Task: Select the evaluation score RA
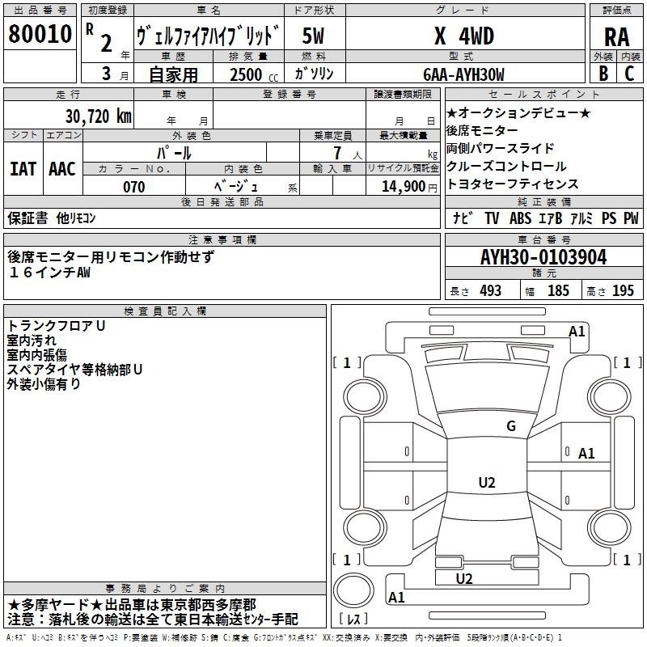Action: click(616, 37)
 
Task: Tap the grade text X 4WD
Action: click(464, 36)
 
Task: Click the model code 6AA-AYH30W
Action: click(463, 74)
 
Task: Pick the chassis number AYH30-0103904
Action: click(543, 258)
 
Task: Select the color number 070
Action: click(133, 187)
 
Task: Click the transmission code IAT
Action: click(23, 168)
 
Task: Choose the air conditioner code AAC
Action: click(62, 168)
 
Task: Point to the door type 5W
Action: click(315, 36)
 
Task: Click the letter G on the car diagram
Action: click(510, 426)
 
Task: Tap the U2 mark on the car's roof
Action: click(486, 483)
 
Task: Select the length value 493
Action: click(490, 291)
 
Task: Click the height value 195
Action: click(623, 291)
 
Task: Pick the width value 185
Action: click(558, 291)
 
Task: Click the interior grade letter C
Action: click(629, 73)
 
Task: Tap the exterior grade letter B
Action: click(603, 73)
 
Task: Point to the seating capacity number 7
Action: click(335, 152)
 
